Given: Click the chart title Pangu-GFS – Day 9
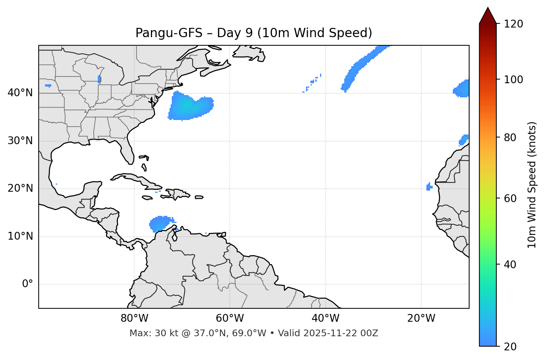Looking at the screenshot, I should (254, 33).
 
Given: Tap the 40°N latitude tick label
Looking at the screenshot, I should (20, 93).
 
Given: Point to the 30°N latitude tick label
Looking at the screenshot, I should (20, 141).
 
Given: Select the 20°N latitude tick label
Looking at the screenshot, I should (20, 188).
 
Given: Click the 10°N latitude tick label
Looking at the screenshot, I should (20, 236).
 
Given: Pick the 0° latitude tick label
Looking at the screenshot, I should (28, 284).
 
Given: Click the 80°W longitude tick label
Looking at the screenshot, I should (134, 318).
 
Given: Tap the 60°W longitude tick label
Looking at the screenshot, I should (230, 318).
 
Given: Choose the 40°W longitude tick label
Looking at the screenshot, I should (326, 318).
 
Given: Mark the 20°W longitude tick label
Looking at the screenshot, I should (421, 318).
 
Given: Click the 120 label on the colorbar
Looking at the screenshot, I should (513, 24).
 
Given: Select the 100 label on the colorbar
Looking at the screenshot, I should (513, 80).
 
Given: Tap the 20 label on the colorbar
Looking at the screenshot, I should (510, 347).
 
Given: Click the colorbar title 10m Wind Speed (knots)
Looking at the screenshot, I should (532, 185).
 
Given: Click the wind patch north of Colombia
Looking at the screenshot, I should (161, 223).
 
